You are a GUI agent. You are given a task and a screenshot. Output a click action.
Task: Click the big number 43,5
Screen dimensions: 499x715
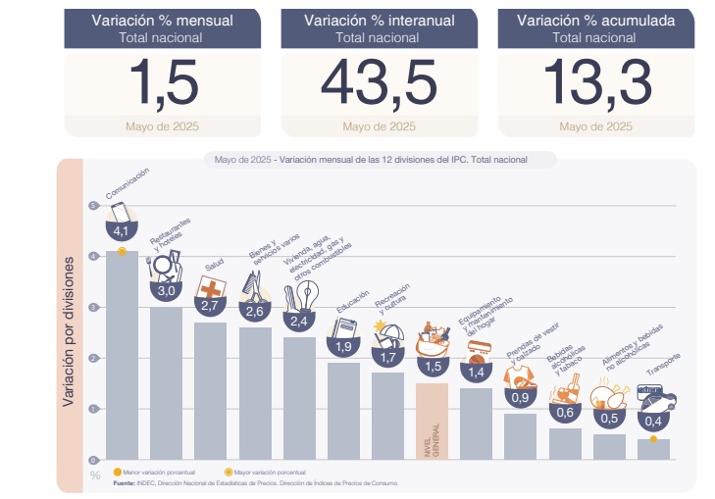[x=379, y=82]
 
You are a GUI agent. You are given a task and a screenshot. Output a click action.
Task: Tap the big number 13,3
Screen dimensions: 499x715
[x=595, y=82]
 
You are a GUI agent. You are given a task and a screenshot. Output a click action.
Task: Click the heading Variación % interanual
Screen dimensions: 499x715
[x=379, y=20]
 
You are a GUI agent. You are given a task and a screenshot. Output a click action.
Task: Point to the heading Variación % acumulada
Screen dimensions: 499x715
[x=595, y=20]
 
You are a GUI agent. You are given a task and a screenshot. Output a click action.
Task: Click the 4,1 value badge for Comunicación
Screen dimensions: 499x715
[x=122, y=231]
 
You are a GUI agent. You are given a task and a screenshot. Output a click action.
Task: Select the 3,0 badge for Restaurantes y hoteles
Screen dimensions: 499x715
[x=166, y=290]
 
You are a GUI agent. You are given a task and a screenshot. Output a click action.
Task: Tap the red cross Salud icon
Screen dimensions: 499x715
[x=211, y=286]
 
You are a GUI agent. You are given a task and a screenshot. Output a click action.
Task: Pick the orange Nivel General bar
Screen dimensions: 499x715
[x=433, y=421]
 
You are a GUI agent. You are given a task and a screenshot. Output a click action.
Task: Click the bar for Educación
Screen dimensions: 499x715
[x=344, y=411]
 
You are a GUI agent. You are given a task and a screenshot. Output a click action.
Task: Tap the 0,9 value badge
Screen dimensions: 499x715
[x=521, y=398]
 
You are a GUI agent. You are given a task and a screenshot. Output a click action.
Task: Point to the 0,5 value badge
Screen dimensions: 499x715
[x=609, y=419]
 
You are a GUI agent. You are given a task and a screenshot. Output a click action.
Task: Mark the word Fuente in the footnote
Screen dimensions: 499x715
[x=125, y=483]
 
